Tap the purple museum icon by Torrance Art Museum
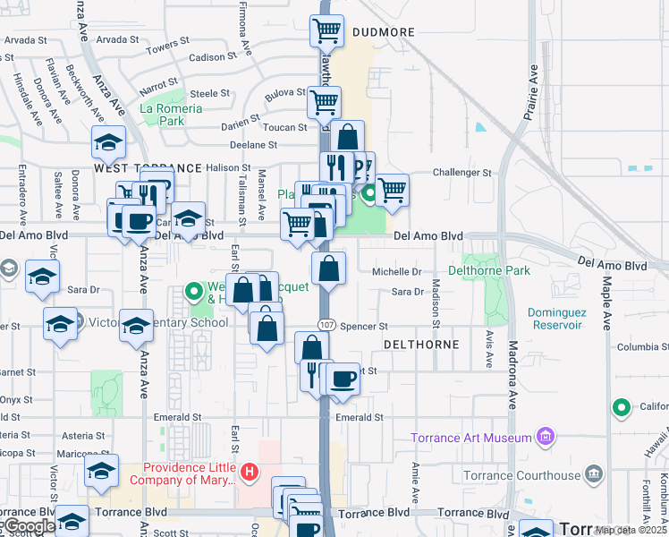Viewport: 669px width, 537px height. click(545, 438)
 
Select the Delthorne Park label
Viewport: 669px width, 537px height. click(489, 270)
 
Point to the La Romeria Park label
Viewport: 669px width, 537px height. click(171, 115)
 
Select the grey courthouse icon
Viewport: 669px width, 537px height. click(593, 473)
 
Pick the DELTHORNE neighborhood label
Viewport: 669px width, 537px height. click(421, 345)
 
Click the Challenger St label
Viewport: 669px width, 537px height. click(462, 173)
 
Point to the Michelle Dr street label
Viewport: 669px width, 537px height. click(396, 271)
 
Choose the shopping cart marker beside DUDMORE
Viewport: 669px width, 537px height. click(326, 31)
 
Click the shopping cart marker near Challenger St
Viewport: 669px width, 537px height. click(392, 190)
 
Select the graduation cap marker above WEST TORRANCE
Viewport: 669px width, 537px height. click(108, 143)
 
